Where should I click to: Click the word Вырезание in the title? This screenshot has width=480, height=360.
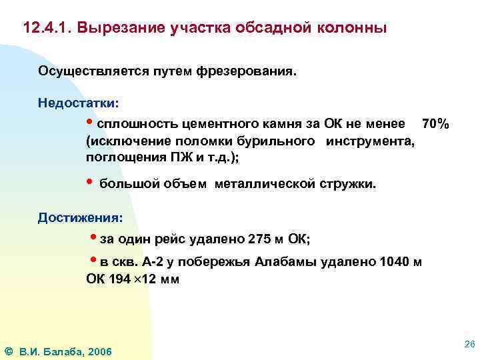[117, 29]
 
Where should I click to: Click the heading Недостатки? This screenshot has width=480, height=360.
[79, 103]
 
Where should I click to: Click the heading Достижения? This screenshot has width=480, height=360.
[80, 217]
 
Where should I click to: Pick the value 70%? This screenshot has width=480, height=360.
[436, 125]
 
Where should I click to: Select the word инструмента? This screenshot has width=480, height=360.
[371, 141]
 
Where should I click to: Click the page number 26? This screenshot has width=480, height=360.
[468, 344]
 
